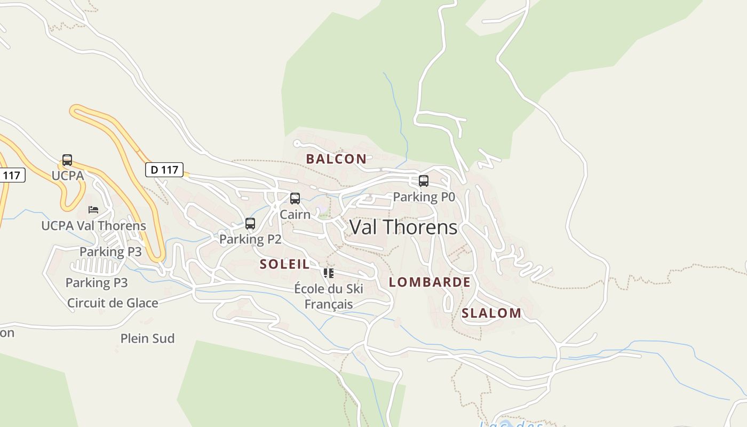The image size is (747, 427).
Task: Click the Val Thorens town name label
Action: tap(403, 227)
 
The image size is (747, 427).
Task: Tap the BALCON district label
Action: tap(336, 159)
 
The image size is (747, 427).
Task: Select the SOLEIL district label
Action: tap(284, 264)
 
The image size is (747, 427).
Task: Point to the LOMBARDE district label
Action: tap(430, 282)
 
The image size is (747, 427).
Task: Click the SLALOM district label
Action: tap(491, 313)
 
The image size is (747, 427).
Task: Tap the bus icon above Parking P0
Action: tap(424, 181)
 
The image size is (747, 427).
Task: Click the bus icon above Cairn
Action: tap(295, 199)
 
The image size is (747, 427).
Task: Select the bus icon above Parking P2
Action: tap(250, 224)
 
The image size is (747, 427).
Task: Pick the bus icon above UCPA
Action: tap(67, 160)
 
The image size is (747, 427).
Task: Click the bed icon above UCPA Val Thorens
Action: tap(93, 210)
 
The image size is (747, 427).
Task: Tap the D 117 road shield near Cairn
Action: tap(164, 170)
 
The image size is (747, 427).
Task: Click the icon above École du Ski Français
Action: tap(329, 273)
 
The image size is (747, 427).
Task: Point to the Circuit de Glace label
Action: tap(113, 303)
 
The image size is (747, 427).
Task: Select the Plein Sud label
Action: tap(147, 338)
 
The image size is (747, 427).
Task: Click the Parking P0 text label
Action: tap(424, 197)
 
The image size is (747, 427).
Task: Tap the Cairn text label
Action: tap(295, 215)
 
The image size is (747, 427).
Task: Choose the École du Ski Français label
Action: tap(329, 296)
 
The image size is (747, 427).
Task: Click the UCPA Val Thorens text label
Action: tap(93, 226)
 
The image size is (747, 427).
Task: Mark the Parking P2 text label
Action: tap(250, 239)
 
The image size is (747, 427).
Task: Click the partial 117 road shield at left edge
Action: tap(11, 175)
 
